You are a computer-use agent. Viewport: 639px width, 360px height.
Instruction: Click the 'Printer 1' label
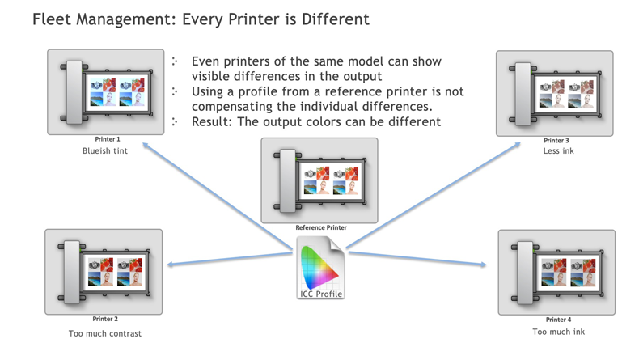click(x=108, y=139)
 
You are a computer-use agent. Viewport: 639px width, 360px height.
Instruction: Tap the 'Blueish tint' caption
click(x=105, y=150)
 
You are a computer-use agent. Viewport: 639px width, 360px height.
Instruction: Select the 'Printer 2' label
click(x=105, y=319)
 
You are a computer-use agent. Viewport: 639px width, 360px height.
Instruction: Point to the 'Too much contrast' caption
click(x=105, y=333)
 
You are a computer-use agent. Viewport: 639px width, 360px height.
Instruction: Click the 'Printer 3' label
click(x=556, y=140)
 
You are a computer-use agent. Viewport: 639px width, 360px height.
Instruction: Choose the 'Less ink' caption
click(x=558, y=150)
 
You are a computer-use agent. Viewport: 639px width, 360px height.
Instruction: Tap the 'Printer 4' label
click(x=558, y=320)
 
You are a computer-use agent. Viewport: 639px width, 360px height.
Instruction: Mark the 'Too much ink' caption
click(x=558, y=332)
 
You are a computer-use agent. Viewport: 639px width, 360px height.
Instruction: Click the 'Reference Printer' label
click(x=321, y=227)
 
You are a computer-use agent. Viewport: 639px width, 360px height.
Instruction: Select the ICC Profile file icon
click(x=321, y=268)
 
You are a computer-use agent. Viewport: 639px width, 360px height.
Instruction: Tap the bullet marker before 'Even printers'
click(x=175, y=61)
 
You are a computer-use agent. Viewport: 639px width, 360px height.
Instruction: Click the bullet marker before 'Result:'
click(x=175, y=121)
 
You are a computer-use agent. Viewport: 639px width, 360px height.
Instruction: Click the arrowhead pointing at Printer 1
click(x=146, y=145)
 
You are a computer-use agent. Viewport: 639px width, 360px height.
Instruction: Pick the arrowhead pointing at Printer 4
click(x=483, y=265)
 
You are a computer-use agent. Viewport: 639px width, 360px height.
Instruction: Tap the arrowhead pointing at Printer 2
click(x=171, y=265)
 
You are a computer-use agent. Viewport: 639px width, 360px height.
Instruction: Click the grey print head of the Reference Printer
click(x=288, y=180)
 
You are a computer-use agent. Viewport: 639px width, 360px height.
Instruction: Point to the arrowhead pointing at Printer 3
click(x=518, y=145)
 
